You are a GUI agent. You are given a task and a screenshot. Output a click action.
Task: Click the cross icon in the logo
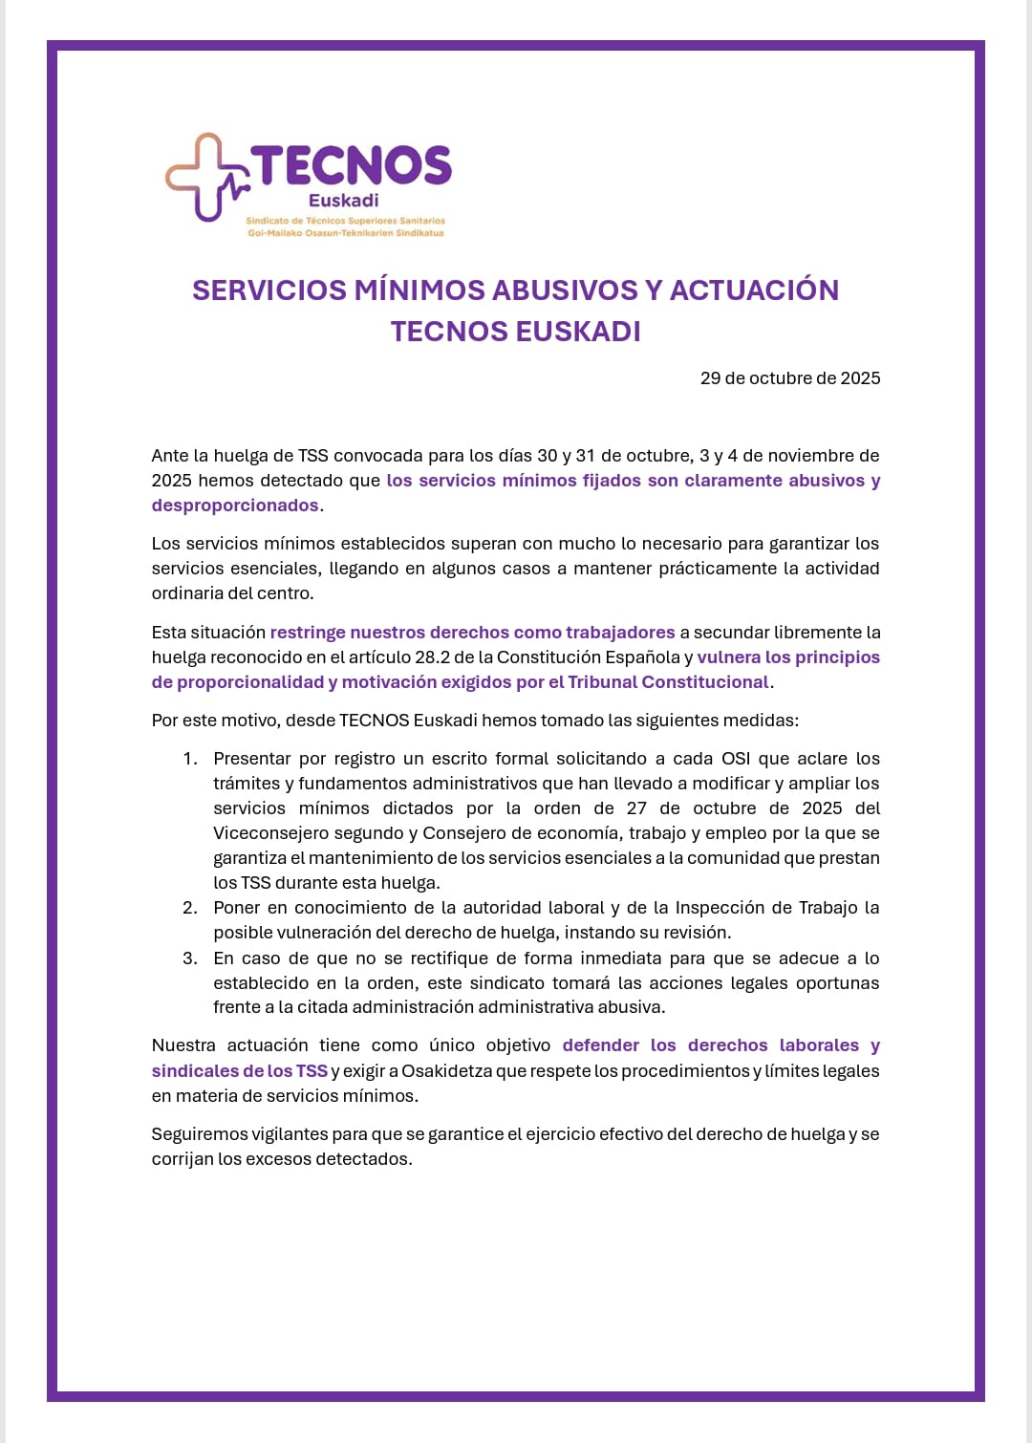[x=204, y=177]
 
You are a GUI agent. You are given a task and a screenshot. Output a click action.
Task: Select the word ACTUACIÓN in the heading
[x=754, y=291]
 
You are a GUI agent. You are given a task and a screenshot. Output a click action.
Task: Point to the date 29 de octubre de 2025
[x=790, y=378]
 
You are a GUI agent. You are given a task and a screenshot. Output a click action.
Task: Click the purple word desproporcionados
[x=235, y=506]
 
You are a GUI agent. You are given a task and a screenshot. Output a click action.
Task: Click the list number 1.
[x=189, y=759]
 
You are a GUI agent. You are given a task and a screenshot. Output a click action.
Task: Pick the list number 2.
[x=189, y=908]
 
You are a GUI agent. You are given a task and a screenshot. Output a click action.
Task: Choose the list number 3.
[x=189, y=958]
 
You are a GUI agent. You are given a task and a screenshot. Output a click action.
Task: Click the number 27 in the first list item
[x=636, y=808]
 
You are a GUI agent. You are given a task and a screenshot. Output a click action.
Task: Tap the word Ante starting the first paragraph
[x=170, y=456]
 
